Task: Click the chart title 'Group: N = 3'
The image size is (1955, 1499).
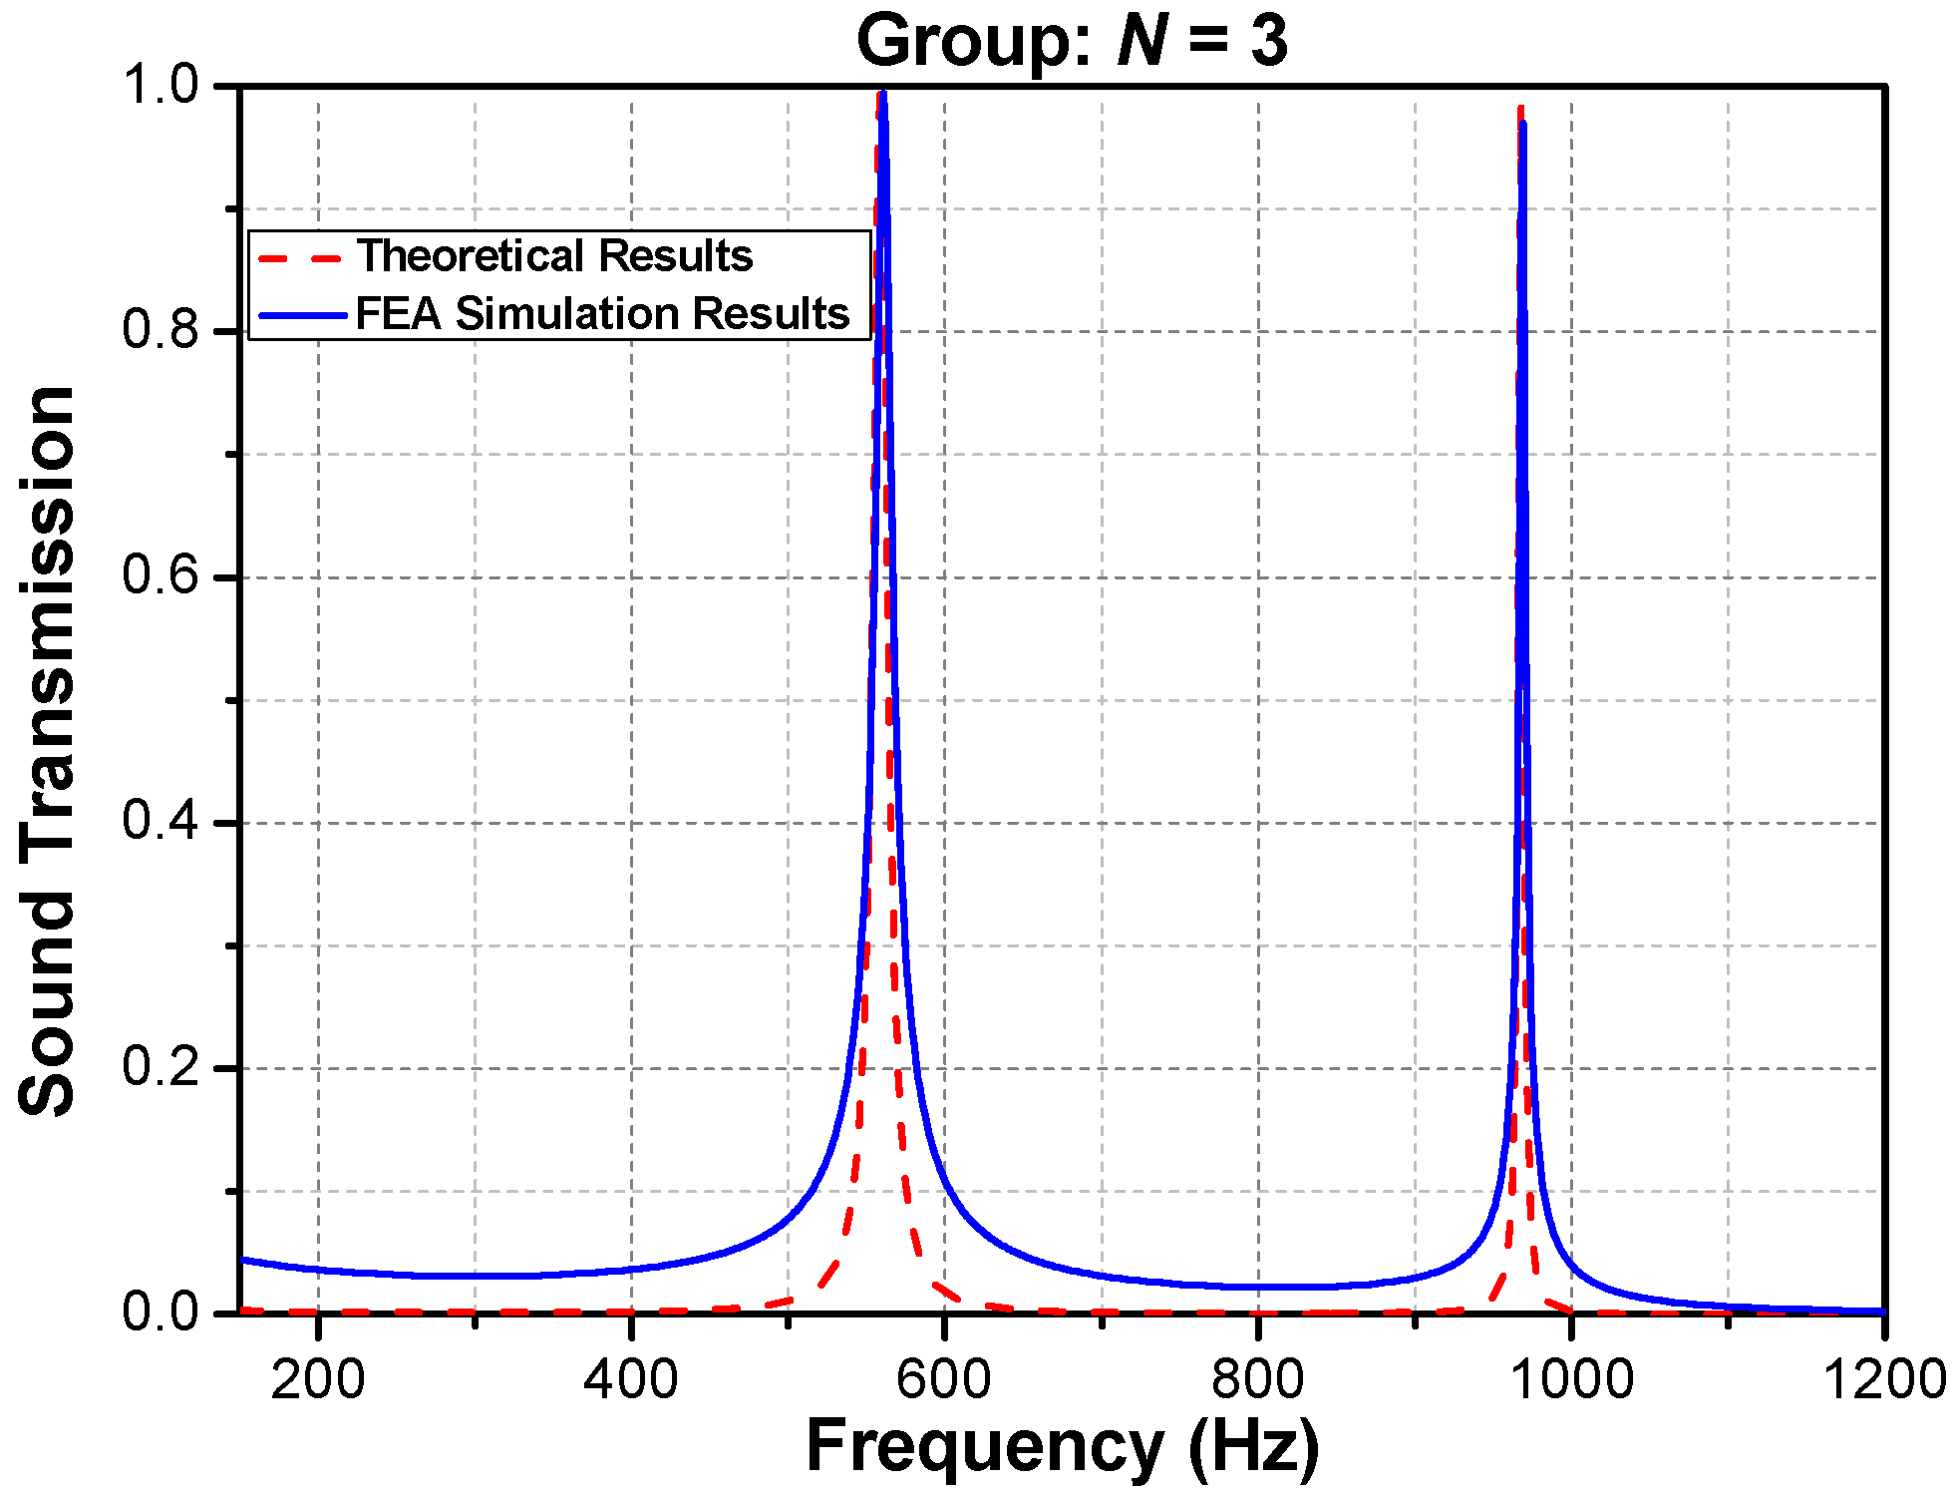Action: (1072, 42)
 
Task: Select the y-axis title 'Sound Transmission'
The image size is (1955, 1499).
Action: (48, 750)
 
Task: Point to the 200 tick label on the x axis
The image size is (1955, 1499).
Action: (318, 1380)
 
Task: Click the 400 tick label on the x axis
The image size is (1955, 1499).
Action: (631, 1380)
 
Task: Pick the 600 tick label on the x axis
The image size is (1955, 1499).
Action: (944, 1380)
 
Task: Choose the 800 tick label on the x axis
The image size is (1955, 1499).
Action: (1257, 1380)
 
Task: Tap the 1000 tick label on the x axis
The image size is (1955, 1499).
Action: (1571, 1380)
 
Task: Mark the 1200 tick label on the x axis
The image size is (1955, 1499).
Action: (1884, 1380)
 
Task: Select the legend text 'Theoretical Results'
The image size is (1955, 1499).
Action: (554, 256)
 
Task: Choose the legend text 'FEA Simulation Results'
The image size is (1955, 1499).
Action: (602, 314)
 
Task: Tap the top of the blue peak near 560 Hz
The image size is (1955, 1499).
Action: (883, 95)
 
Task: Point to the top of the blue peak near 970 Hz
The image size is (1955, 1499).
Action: (1523, 123)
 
